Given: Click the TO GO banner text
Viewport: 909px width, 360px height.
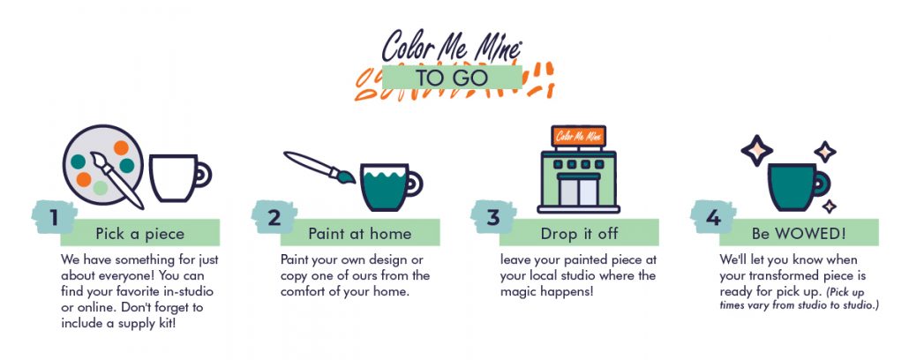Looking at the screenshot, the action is [452, 78].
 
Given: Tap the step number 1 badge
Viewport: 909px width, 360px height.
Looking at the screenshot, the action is [54, 217].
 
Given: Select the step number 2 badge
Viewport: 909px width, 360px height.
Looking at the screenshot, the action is [274, 217].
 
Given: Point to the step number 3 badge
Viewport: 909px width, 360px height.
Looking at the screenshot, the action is [492, 217].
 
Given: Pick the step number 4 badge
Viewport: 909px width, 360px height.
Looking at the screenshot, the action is [713, 217].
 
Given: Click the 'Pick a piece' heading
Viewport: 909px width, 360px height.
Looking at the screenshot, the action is [139, 234].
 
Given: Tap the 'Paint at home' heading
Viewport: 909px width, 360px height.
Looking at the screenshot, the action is [359, 234].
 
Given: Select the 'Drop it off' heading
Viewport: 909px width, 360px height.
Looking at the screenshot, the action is [579, 234].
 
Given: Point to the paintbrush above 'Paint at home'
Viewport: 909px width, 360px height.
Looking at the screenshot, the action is [319, 167].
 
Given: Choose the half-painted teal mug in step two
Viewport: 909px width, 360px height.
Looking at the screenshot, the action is [391, 186].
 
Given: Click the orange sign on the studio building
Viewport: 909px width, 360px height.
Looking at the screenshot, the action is [578, 136].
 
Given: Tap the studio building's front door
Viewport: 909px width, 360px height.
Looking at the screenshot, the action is [578, 191].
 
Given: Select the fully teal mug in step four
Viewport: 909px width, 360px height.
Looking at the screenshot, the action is [799, 186].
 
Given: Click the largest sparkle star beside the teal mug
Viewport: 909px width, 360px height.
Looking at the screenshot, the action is [756, 151].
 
